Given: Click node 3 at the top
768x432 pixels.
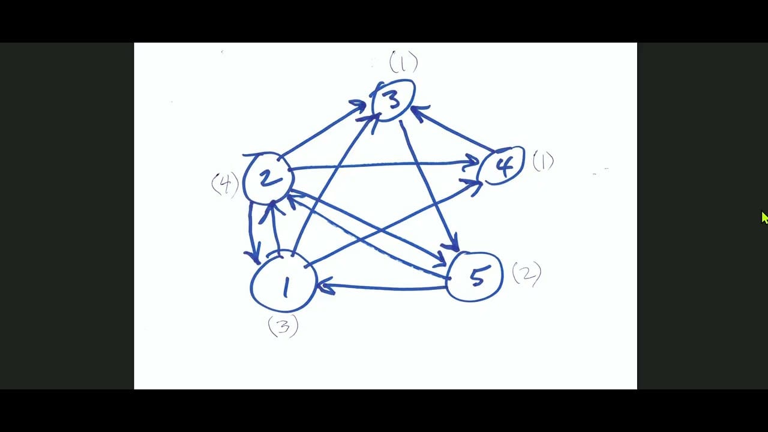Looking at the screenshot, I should [x=393, y=100].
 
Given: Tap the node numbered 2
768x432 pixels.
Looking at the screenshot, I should [x=268, y=178].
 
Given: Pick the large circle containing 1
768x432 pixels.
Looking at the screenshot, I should [x=283, y=283].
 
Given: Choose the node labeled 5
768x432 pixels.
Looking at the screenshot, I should [x=475, y=276].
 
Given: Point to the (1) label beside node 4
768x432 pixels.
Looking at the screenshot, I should [x=543, y=161].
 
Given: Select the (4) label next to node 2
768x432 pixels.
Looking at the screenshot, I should [x=225, y=184].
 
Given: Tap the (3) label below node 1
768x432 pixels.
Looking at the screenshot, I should [x=283, y=326].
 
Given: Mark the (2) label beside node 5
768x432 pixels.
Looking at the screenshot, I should [x=526, y=274].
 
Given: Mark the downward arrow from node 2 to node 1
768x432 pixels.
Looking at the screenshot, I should [x=251, y=231].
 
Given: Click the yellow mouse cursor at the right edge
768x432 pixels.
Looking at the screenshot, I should [x=764, y=217].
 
